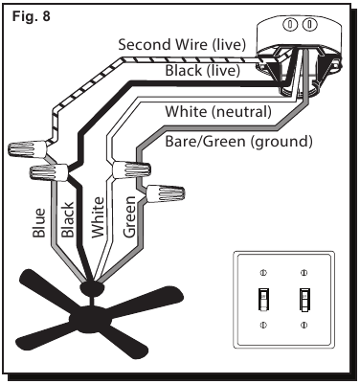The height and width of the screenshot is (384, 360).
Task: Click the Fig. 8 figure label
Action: click(32, 16)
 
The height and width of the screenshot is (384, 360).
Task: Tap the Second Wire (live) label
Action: click(182, 44)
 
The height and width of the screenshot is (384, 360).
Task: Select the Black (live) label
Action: click(202, 70)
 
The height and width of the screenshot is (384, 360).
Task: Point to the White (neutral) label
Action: click(218, 112)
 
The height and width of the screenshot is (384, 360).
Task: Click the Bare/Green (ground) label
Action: click(238, 141)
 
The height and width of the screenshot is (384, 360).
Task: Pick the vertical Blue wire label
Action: click(39, 222)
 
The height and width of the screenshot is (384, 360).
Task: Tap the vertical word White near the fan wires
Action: click(98, 217)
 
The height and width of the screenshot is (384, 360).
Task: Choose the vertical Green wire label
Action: click(129, 216)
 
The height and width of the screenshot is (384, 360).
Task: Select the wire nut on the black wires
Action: click(49, 172)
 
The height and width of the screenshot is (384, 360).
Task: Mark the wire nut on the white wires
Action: click(131, 169)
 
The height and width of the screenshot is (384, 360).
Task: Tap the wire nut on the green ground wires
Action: click(165, 193)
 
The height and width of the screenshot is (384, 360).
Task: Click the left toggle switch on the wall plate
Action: click(263, 299)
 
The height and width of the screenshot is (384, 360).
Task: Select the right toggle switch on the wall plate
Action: click(304, 299)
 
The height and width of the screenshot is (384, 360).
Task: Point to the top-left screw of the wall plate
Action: click(263, 273)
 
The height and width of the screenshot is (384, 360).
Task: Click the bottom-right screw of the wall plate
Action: click(304, 325)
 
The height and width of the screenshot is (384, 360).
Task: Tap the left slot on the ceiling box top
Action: click(290, 25)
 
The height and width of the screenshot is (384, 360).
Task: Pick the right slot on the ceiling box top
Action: click(309, 25)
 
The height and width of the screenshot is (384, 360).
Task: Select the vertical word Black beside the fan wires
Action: click(68, 219)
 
